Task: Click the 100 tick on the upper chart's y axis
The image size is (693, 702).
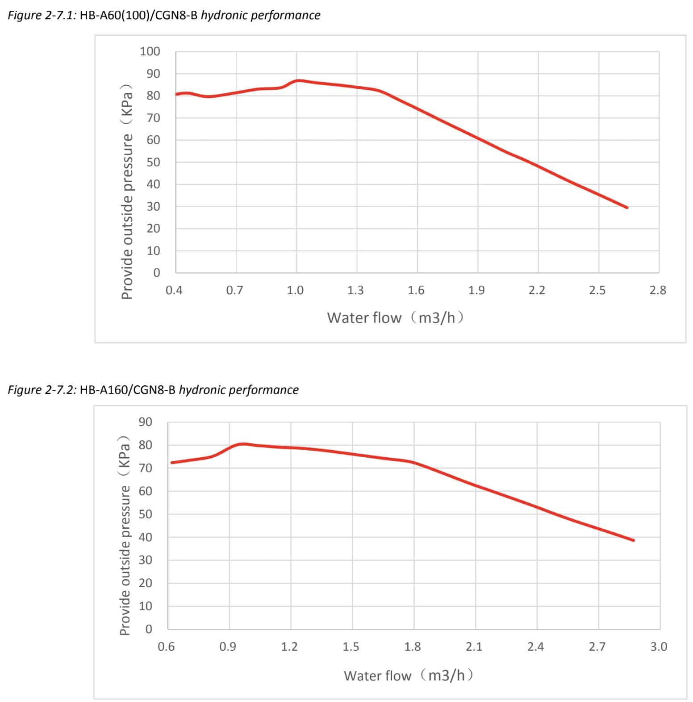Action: coord(150,51)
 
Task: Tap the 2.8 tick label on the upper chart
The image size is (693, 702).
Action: coord(658,290)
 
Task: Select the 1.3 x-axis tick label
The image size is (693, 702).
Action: coord(355,290)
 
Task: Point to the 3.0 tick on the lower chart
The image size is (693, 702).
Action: coord(659,646)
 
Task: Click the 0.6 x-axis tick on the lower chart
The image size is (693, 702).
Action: coord(166,646)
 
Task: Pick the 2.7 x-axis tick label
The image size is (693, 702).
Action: coord(597,646)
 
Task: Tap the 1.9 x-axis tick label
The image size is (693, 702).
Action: coord(476,290)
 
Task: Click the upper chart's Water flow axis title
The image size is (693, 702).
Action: coord(396,318)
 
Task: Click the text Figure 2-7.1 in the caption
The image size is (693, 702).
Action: coord(42,15)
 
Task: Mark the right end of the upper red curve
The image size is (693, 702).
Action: coord(627,207)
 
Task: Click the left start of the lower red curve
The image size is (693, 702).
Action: coord(172,462)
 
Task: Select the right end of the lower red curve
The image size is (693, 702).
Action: coord(633,540)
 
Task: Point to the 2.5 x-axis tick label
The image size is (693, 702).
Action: coord(597,290)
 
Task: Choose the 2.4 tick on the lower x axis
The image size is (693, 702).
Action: coord(535,646)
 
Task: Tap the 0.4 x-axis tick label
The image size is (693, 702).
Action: coord(174,290)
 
